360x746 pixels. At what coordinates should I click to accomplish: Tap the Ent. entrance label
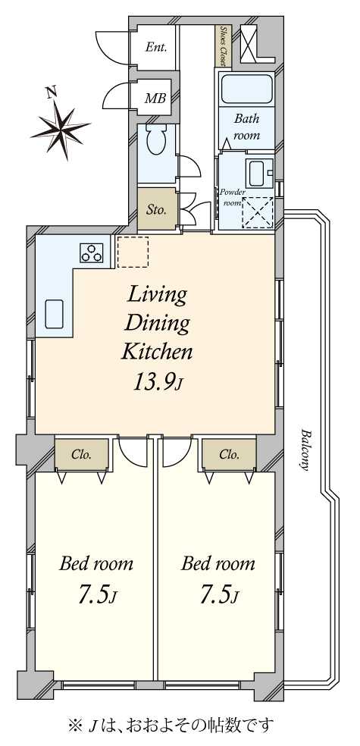pyautogui.click(x=155, y=48)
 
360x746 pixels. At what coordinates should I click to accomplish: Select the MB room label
pyautogui.click(x=155, y=99)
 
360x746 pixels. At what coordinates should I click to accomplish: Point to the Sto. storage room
pyautogui.click(x=156, y=209)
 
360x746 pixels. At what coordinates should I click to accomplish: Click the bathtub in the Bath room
pyautogui.click(x=247, y=89)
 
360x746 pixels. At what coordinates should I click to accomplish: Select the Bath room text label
pyautogui.click(x=247, y=126)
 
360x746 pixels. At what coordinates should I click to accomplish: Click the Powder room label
pyautogui.click(x=232, y=196)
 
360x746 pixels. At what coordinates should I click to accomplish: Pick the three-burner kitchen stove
pyautogui.click(x=92, y=252)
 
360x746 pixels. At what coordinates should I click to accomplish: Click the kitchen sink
pyautogui.click(x=55, y=314)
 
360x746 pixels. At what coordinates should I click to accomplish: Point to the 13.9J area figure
pyautogui.click(x=158, y=381)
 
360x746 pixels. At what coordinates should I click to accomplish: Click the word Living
pyautogui.click(x=156, y=295)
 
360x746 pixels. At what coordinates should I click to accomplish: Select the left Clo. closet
pyautogui.click(x=82, y=454)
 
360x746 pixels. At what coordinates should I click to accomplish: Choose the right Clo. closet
pyautogui.click(x=229, y=454)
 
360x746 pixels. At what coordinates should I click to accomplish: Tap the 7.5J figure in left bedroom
pyautogui.click(x=96, y=594)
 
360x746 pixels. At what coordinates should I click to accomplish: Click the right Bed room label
pyautogui.click(x=218, y=564)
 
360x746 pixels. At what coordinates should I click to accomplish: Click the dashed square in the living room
pyautogui.click(x=133, y=252)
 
